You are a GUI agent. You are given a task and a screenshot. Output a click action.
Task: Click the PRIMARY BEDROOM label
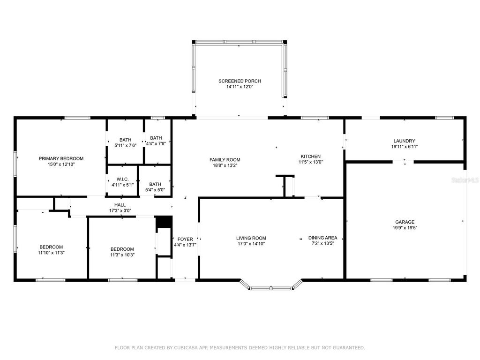point(61,158)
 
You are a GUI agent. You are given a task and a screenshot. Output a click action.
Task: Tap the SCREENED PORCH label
point(240,81)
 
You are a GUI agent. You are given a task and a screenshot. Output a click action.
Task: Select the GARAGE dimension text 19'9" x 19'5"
point(405,228)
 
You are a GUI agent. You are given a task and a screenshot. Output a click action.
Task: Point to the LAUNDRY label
point(404,141)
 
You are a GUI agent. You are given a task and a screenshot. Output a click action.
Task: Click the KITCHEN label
point(310,156)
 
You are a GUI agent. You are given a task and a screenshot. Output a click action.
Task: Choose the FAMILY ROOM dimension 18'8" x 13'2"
point(225,165)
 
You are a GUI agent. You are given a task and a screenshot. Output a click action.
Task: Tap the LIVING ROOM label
point(251,238)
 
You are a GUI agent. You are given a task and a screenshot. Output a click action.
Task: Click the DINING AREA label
point(322,238)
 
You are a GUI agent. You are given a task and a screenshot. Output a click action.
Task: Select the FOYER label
point(182,239)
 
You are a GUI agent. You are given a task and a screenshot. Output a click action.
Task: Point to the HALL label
point(120,205)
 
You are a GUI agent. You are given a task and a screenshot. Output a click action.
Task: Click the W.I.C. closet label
point(122,179)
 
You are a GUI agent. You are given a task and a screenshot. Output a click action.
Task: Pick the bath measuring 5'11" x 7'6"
point(125,140)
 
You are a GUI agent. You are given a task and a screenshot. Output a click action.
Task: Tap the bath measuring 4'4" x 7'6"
point(156,138)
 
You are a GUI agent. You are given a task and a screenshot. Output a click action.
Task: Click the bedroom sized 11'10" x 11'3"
point(51,247)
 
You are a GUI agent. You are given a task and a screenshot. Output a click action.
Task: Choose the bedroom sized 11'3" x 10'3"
point(122,249)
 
